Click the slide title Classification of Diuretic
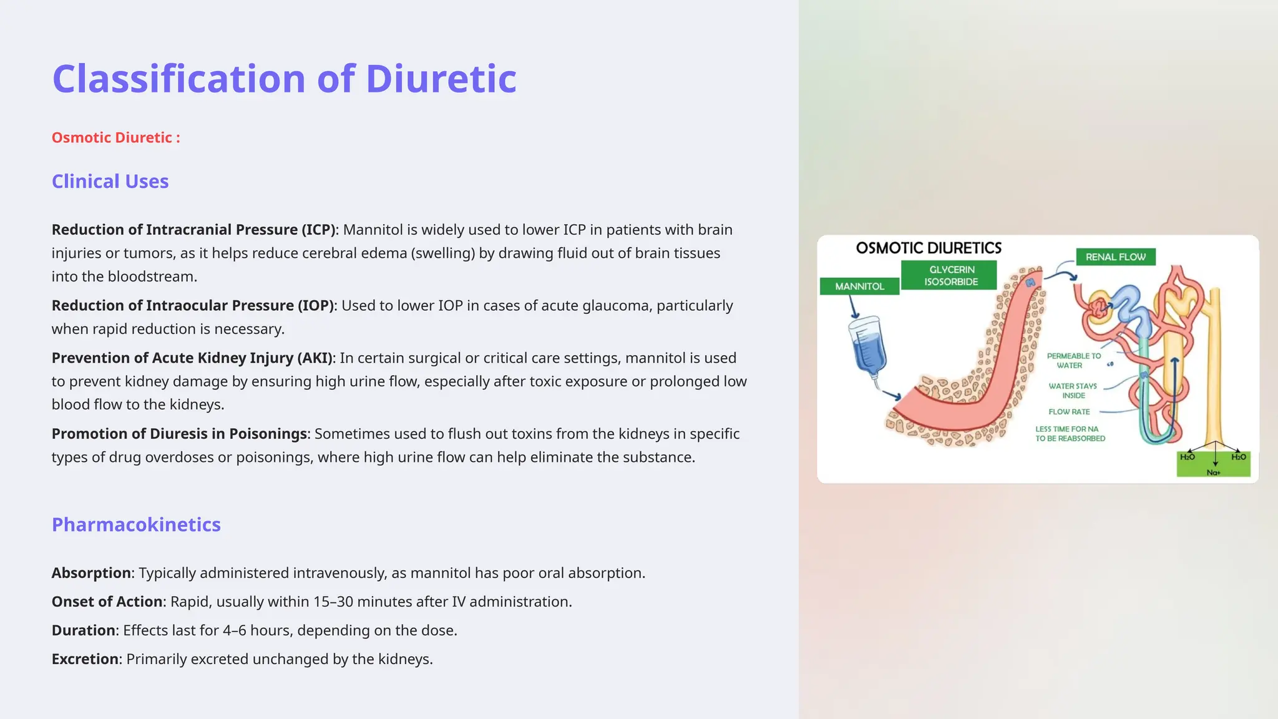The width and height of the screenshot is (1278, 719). [x=284, y=79]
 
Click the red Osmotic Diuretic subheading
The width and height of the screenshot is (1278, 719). [x=115, y=137]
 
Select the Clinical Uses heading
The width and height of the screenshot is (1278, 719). [x=110, y=181]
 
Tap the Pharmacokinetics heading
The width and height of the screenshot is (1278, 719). [x=136, y=524]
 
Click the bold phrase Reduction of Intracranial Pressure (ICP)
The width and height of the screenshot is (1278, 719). [x=193, y=230]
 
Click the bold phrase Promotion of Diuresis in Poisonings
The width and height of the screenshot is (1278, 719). [x=179, y=434]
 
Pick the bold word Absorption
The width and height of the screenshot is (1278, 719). [x=91, y=573]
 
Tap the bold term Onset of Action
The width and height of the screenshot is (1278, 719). [x=107, y=602]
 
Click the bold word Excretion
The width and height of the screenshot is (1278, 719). [x=85, y=659]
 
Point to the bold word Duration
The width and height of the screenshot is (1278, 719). [x=84, y=630]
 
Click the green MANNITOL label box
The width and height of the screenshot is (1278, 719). [x=859, y=286]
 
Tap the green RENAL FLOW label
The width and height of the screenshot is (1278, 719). [x=1115, y=257]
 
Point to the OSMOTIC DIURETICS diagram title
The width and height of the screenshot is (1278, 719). [x=929, y=248]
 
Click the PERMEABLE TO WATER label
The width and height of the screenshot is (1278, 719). [x=1073, y=361]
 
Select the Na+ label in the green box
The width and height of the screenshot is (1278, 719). [x=1213, y=472]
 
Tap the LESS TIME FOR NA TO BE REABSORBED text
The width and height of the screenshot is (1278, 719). [x=1070, y=434]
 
